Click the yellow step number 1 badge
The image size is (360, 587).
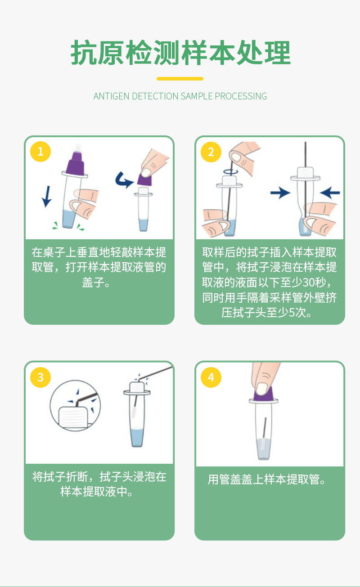(40, 152)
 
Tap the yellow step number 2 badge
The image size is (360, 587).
(211, 152)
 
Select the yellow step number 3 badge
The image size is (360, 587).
(40, 377)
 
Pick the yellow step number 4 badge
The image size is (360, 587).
(211, 377)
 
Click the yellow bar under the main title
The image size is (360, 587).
(180, 79)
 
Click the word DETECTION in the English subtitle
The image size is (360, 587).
(155, 96)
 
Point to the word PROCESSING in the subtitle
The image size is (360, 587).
(241, 96)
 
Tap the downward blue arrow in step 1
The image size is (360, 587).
(47, 197)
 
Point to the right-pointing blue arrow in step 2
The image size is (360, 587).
(280, 193)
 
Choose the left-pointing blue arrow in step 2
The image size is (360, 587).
(330, 193)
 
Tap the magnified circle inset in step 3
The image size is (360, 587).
(75, 406)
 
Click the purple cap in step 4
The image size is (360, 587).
(264, 394)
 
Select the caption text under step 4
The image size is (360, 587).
(267, 479)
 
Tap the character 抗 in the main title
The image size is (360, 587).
(84, 53)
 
